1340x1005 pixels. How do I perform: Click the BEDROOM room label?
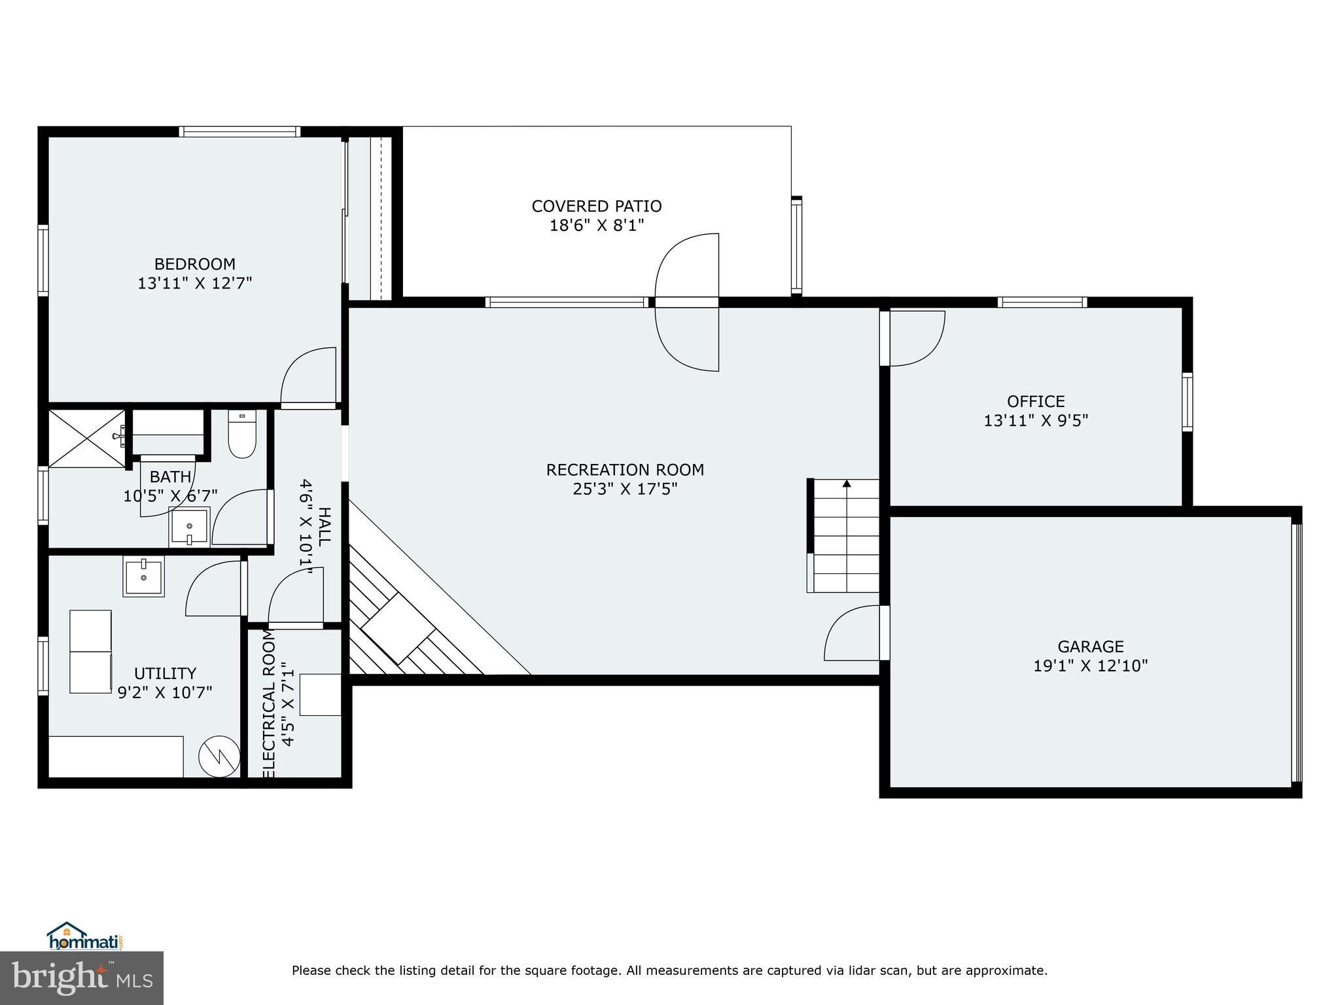pyautogui.click(x=194, y=264)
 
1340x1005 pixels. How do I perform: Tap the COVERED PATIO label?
pyautogui.click(x=596, y=207)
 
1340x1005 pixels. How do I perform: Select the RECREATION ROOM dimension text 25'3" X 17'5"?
pyautogui.click(x=625, y=489)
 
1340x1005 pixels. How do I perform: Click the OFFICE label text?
pyautogui.click(x=1036, y=401)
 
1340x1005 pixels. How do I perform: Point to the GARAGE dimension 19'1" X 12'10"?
pyautogui.click(x=1090, y=666)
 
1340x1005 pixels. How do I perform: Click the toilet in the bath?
pyautogui.click(x=241, y=435)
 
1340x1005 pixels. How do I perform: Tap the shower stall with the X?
pyautogui.click(x=87, y=438)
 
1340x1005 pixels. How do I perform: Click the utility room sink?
pyautogui.click(x=143, y=576)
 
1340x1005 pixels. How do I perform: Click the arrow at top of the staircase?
pyautogui.click(x=847, y=484)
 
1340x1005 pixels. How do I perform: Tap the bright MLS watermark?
pyautogui.click(x=82, y=978)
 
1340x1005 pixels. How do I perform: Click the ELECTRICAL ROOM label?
pyautogui.click(x=270, y=704)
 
